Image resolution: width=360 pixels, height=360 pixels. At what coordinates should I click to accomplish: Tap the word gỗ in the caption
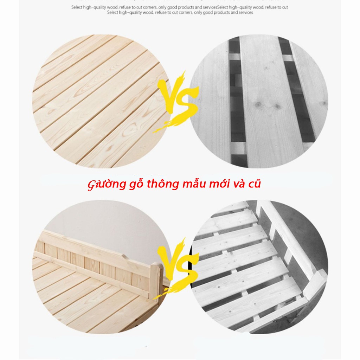[x=128, y=184]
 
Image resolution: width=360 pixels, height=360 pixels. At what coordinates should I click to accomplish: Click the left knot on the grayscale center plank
[x=259, y=104]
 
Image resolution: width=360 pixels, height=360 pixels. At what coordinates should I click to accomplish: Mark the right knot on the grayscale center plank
[x=278, y=106]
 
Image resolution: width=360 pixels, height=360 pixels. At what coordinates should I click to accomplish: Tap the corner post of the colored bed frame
[x=155, y=281]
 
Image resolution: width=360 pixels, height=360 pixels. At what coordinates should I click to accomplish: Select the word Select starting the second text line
[x=112, y=12]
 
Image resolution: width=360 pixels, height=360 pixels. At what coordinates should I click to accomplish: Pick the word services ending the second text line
[x=245, y=12]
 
